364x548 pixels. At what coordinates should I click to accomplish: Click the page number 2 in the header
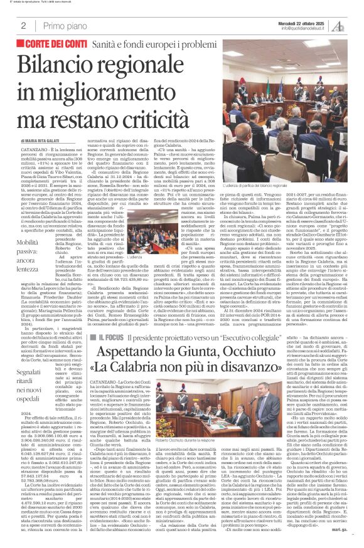tap(23, 26)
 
